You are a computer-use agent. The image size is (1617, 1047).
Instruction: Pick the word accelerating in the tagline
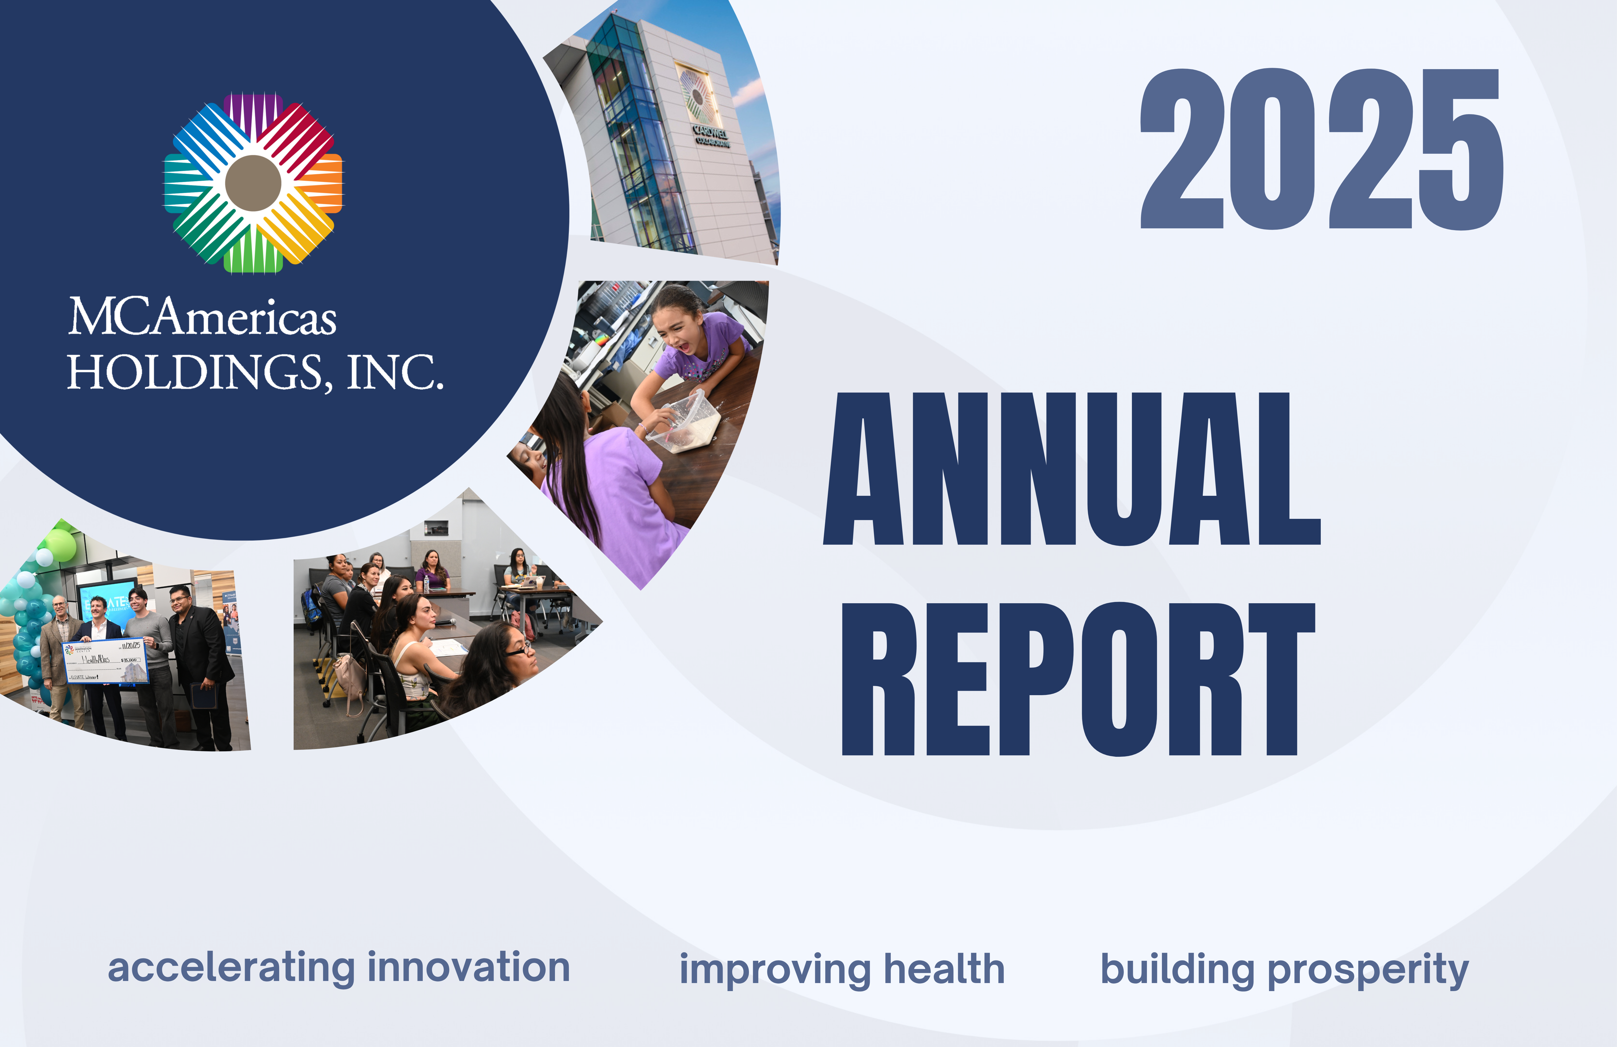tap(231, 968)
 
